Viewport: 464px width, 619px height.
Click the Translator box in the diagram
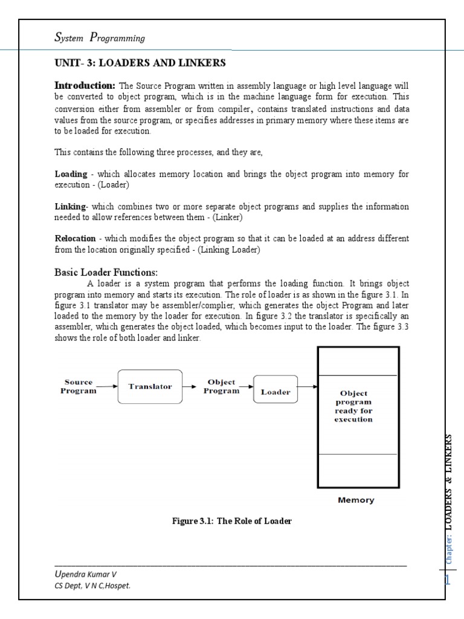[x=150, y=386]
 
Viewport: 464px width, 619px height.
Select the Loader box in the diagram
[x=275, y=392]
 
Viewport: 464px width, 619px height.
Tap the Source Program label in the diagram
[x=79, y=386]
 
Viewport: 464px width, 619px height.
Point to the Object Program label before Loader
[x=221, y=386]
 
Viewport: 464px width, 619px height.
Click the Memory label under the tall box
[x=356, y=500]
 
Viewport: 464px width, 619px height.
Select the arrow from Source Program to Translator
[x=108, y=386]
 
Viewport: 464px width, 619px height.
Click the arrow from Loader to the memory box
[x=307, y=386]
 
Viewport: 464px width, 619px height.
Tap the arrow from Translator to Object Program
[x=190, y=386]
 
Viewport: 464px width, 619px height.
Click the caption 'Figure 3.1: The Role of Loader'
[x=232, y=520]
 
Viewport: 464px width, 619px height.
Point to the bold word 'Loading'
[x=71, y=174]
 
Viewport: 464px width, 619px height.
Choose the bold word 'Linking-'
[x=71, y=207]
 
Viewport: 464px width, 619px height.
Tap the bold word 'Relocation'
[x=75, y=238]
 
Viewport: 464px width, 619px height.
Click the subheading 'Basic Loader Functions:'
[x=106, y=272]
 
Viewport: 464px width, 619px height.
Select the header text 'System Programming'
[x=100, y=38]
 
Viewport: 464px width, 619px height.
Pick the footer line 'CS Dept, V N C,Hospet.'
[x=92, y=585]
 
